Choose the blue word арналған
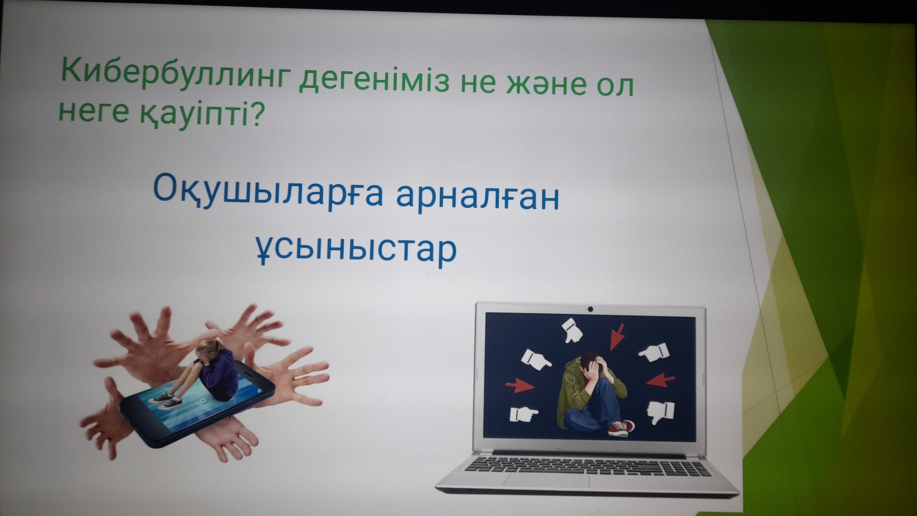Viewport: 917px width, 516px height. (x=478, y=197)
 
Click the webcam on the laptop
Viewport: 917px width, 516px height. (x=591, y=309)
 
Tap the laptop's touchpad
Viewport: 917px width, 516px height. (x=546, y=480)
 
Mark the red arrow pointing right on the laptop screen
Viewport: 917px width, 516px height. (x=520, y=386)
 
